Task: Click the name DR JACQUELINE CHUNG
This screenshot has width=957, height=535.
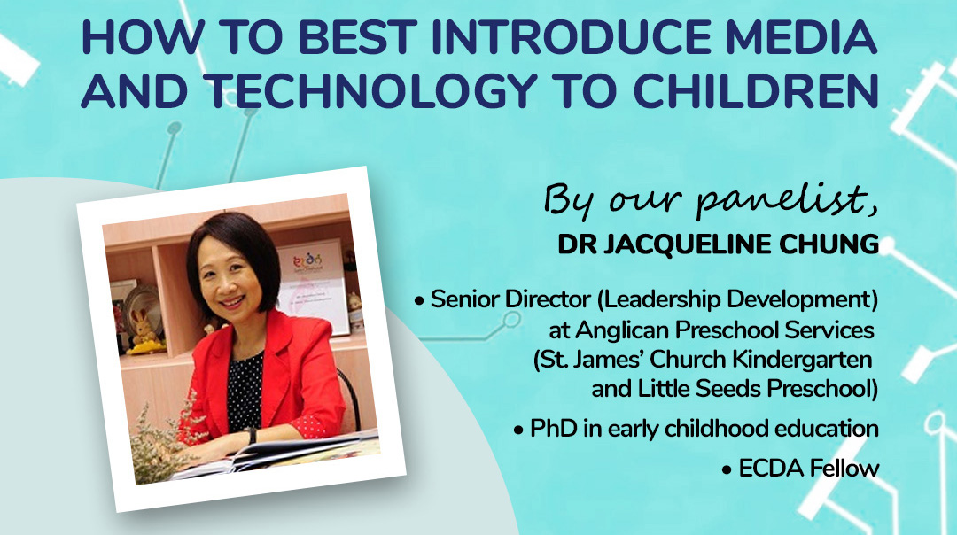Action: (718, 244)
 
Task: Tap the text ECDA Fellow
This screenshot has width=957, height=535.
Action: (809, 469)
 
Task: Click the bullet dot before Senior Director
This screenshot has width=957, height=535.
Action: (418, 301)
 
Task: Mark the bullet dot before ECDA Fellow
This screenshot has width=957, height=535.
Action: (727, 470)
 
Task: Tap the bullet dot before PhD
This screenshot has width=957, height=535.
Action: (518, 430)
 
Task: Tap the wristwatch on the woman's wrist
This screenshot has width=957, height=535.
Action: (252, 436)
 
